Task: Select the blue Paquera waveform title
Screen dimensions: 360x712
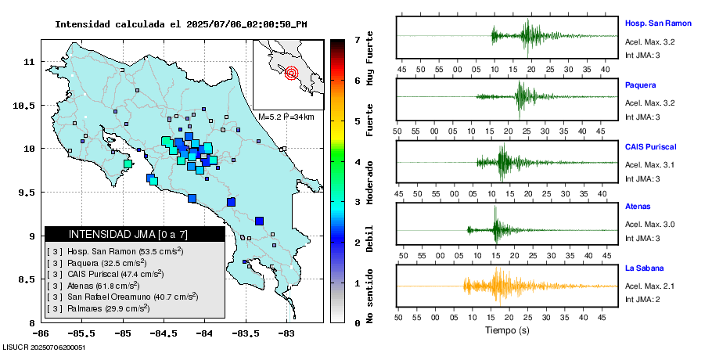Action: coord(641,85)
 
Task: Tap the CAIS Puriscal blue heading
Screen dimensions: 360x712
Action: coord(650,146)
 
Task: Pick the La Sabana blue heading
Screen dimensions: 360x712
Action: coord(644,268)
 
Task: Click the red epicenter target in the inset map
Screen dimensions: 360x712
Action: coord(292,74)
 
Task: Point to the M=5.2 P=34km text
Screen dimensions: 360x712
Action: coord(286,117)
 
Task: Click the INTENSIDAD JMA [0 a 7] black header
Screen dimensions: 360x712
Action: coord(135,234)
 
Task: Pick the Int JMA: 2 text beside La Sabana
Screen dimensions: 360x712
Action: coord(644,300)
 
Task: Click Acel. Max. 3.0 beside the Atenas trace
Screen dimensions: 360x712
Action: coord(649,225)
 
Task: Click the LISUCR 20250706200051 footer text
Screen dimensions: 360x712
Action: coord(45,347)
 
